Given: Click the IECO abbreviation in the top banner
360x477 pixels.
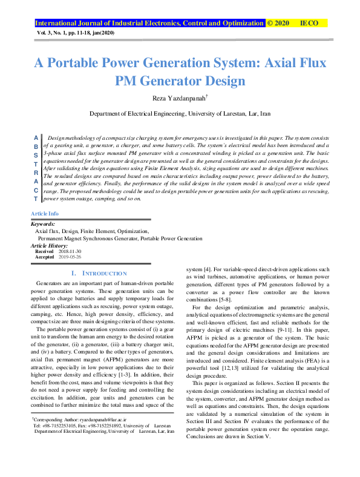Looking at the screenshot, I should (309, 23).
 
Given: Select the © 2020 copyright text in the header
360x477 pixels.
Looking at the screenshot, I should (278, 23).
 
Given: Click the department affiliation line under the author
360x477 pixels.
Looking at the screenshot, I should (180, 113).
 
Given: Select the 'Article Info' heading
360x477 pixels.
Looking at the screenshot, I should (45, 214).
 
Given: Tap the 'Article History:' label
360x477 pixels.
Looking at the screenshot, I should (50, 246).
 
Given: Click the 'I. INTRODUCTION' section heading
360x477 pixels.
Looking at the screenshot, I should (99, 274).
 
